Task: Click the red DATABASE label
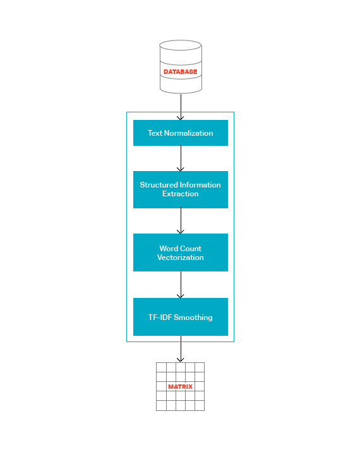point(180,72)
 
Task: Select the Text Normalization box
point(181,133)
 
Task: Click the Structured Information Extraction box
point(181,189)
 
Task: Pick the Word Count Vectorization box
point(181,252)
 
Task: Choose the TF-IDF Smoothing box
point(181,317)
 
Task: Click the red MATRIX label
point(180,387)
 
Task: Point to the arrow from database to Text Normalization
point(181,107)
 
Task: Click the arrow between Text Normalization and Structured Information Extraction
point(181,158)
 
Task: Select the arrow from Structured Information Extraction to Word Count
point(181,221)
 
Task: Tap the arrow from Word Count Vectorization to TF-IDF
point(181,285)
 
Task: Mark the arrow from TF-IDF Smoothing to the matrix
point(181,349)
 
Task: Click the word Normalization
point(188,133)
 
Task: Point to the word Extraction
point(180,194)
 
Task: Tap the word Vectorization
point(180,258)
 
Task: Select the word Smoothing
point(193,318)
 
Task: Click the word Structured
point(159,185)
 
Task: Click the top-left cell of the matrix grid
point(161,367)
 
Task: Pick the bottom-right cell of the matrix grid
point(200,406)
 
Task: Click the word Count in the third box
point(190,249)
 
